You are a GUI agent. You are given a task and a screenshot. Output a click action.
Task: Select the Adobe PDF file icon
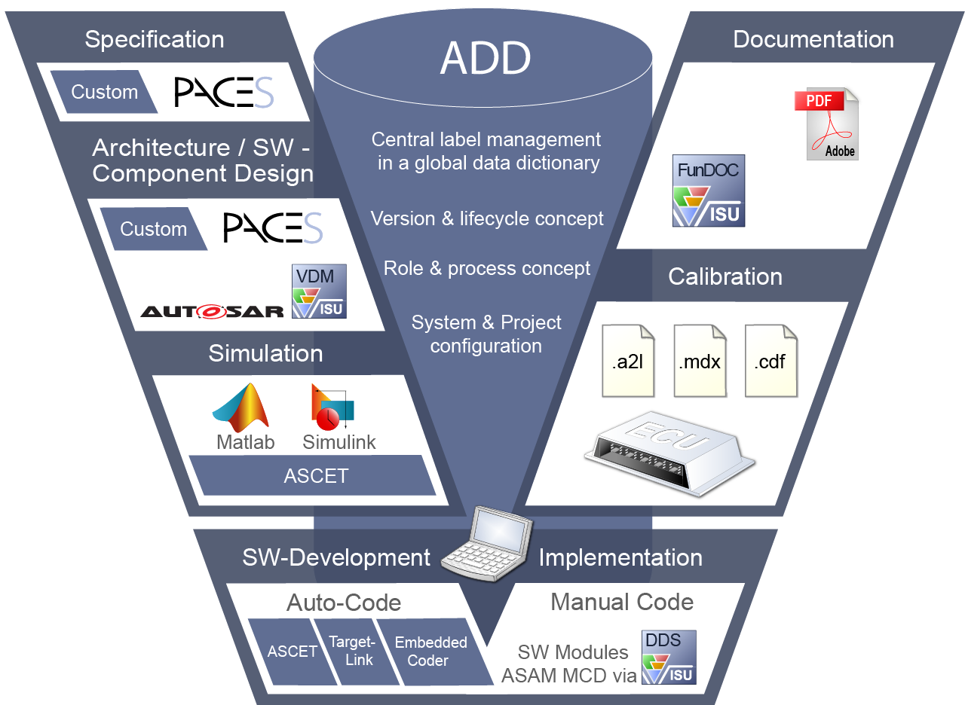[827, 124]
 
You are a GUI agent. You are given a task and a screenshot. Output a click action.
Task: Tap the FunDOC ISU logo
[708, 191]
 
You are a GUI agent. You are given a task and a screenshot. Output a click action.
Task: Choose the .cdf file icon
[770, 361]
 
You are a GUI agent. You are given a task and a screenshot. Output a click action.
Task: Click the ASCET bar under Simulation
[316, 475]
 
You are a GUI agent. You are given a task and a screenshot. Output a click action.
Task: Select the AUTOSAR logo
[212, 310]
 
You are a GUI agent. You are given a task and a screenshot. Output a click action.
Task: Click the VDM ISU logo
[319, 291]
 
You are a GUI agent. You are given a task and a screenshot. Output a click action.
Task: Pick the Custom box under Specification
[104, 92]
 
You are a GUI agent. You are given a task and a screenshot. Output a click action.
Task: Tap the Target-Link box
[351, 650]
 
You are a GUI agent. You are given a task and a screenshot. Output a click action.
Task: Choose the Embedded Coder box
[430, 652]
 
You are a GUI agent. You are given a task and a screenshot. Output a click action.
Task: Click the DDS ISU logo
[668, 657]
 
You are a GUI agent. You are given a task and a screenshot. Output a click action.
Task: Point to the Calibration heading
[725, 276]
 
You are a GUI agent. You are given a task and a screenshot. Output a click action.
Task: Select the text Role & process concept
[487, 269]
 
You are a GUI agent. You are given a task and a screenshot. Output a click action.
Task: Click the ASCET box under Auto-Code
[293, 652]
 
